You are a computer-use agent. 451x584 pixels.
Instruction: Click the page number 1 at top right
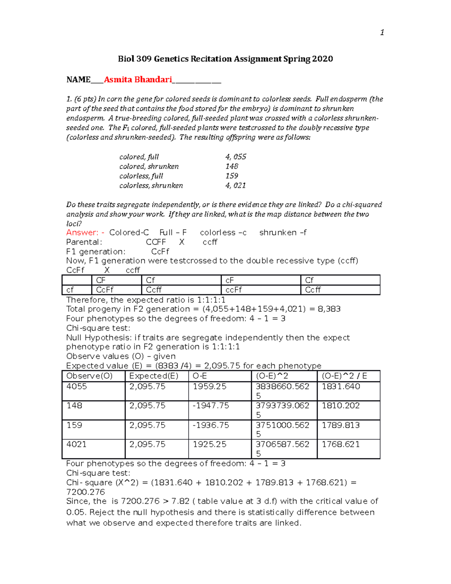(x=382, y=33)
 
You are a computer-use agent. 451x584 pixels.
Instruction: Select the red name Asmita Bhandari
(x=138, y=80)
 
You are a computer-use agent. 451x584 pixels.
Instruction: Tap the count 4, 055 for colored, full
(x=236, y=157)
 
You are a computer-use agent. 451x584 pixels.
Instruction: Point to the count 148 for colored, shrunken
(x=232, y=166)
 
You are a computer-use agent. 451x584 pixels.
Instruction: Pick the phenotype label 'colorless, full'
(x=141, y=176)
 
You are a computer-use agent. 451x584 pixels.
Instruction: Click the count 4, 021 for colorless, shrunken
(x=236, y=185)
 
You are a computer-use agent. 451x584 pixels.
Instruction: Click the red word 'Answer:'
(x=82, y=233)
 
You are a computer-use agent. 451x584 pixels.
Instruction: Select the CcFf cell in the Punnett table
(x=104, y=290)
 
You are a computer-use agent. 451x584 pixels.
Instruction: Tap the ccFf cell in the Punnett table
(x=233, y=290)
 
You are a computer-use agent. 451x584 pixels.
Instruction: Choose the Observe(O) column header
(x=89, y=376)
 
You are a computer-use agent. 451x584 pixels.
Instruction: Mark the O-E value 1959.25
(x=209, y=387)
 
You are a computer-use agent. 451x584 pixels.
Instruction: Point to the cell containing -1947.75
(x=210, y=406)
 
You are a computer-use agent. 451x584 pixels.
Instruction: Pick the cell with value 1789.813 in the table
(x=341, y=425)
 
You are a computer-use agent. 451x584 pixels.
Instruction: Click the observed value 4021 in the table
(x=76, y=444)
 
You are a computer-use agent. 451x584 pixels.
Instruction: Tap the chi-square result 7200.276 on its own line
(x=85, y=492)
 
